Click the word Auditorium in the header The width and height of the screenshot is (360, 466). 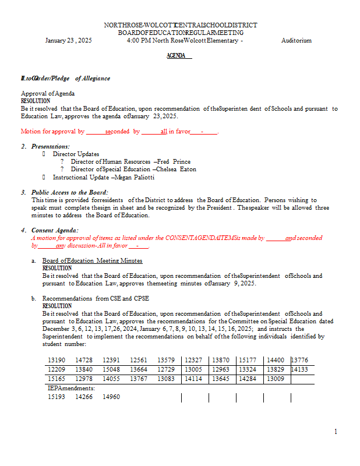[x=296, y=41]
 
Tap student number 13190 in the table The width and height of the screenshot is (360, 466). [x=57, y=361]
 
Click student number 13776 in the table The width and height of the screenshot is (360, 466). [x=299, y=361]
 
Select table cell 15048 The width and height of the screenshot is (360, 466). [x=111, y=369]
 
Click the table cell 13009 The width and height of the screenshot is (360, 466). [x=276, y=379]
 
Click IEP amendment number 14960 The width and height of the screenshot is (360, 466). [x=111, y=397]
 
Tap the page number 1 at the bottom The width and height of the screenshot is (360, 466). [x=336, y=431]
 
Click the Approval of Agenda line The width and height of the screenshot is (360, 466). [x=48, y=93]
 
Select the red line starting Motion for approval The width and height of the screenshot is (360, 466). [x=119, y=132]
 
